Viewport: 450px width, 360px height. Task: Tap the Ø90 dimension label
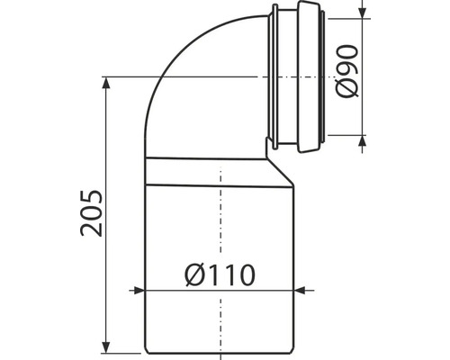[348, 76]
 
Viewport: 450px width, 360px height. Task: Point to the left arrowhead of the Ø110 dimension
[139, 291]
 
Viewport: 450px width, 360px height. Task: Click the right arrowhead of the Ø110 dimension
[299, 291]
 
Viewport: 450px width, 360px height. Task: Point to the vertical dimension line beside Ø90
[364, 54]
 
